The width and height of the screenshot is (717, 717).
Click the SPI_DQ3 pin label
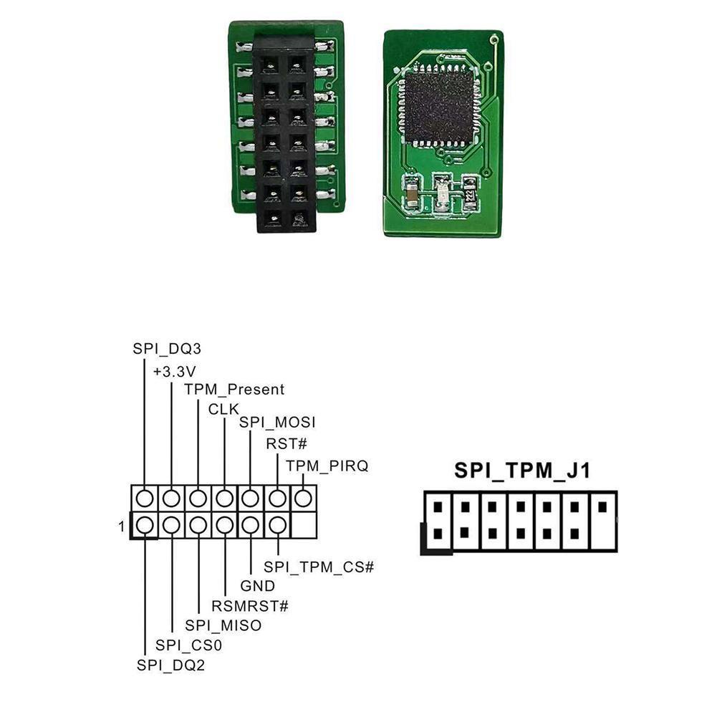coord(167,350)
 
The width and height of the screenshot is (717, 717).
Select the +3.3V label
coord(175,371)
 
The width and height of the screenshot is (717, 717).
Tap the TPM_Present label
coord(234,390)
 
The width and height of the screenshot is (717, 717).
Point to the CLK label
coord(223,409)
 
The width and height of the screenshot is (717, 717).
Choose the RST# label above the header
coord(281,444)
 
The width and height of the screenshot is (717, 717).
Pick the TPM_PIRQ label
coord(327,466)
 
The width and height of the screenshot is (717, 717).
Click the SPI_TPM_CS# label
coord(319,567)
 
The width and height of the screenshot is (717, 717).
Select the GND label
coord(257,587)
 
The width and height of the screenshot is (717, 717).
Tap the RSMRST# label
coord(250,606)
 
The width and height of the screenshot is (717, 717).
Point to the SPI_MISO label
coord(223,625)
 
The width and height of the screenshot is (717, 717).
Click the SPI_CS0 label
coord(189,645)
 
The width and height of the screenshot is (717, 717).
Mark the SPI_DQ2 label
coord(171,664)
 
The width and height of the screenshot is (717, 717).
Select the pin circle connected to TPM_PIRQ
coord(304,497)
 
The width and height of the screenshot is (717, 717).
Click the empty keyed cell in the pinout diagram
coord(304,526)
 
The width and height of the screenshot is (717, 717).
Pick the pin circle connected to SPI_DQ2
coord(145,526)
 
